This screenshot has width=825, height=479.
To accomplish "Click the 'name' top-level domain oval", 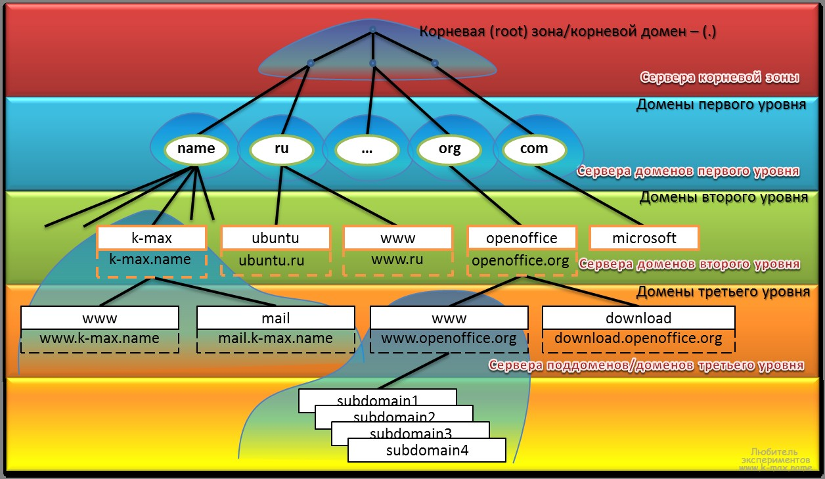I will (196, 149).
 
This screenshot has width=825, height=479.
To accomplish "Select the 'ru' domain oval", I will (281, 149).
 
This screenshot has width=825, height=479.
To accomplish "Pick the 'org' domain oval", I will (450, 149).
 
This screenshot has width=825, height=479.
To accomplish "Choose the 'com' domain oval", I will (534, 149).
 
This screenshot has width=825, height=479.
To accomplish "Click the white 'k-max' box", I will (151, 238).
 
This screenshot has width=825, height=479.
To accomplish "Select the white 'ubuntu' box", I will (275, 238).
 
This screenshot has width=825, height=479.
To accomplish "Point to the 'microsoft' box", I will (644, 238).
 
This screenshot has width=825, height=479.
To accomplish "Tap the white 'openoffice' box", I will (522, 238).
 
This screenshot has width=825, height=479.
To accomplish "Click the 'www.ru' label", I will (397, 260).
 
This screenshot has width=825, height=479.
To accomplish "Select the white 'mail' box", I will (276, 319).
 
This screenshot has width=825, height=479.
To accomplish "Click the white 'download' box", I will (638, 319).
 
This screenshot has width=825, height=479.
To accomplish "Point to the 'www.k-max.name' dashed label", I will (100, 340).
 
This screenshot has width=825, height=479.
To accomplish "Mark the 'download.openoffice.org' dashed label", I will (638, 340).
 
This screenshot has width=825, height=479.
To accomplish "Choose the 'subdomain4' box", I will (427, 451).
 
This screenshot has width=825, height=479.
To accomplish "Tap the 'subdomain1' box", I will (377, 399).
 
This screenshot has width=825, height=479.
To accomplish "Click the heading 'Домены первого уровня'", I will (721, 105).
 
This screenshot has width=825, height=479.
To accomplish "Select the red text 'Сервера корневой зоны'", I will (719, 78).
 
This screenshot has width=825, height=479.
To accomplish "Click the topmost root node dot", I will (372, 30).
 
